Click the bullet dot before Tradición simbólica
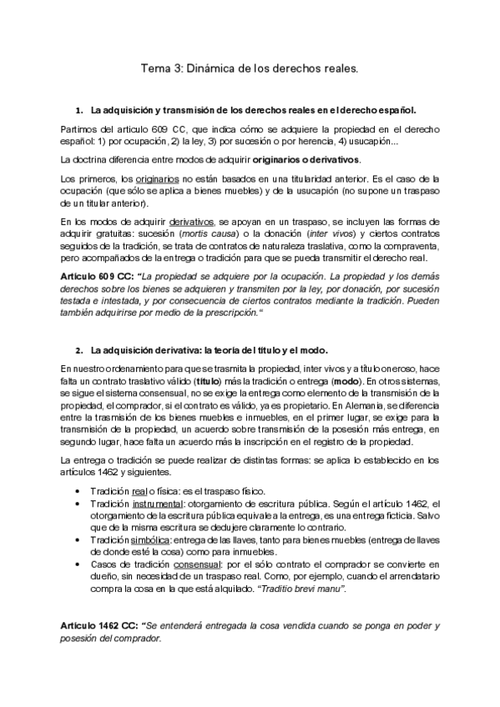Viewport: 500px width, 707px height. [x=78, y=540]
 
